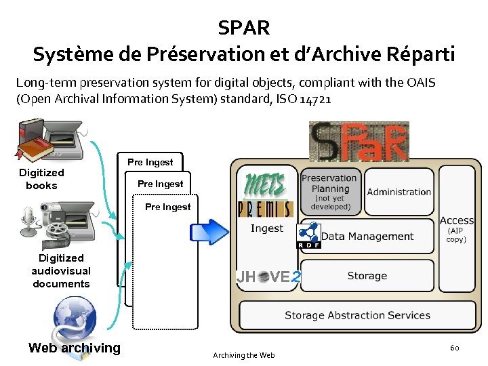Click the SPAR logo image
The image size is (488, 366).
pos(359,141)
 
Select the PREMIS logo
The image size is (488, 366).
pos(264,208)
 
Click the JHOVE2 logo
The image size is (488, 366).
pos(268,277)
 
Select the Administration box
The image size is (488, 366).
pos(399,192)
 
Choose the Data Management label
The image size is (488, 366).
pos(367,237)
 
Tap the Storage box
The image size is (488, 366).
pos(367,276)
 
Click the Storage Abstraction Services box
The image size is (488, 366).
pos(357,315)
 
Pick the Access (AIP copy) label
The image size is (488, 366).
pos(457,229)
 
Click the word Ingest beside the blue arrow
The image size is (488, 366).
pos(267,228)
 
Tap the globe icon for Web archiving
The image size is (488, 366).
pos(75,319)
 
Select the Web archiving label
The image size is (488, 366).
pos(75,348)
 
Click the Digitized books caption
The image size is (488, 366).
pos(41,179)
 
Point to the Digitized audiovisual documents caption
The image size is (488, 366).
pos(61,270)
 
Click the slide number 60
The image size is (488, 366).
pos(454,348)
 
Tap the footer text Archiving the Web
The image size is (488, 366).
pos(244,355)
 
